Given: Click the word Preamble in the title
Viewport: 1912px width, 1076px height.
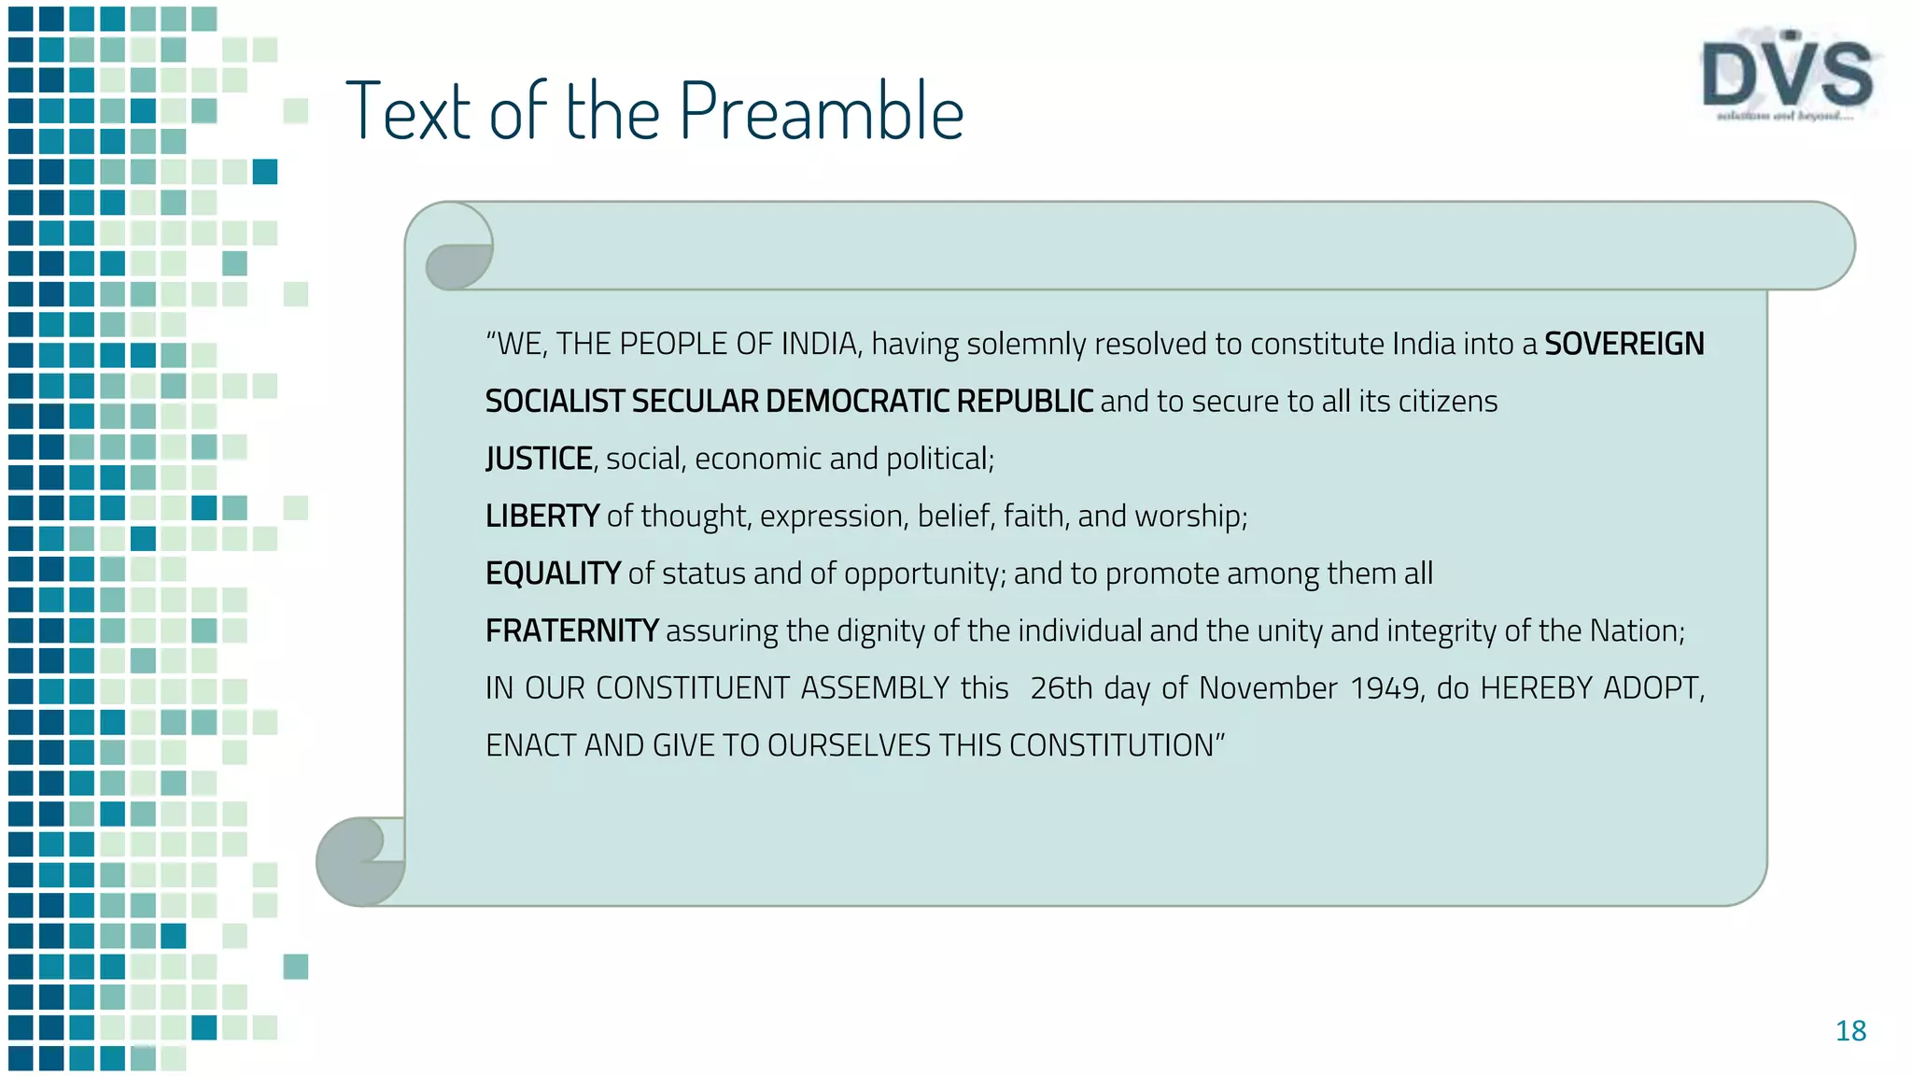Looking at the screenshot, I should pyautogui.click(x=822, y=112).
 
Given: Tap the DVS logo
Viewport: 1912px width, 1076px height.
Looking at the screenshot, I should pyautogui.click(x=1787, y=77).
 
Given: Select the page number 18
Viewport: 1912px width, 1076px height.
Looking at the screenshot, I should pyautogui.click(x=1850, y=1031).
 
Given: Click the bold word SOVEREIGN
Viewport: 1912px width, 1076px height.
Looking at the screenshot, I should pyautogui.click(x=1624, y=344).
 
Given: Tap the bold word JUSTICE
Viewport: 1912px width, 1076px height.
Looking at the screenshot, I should pyautogui.click(x=539, y=459).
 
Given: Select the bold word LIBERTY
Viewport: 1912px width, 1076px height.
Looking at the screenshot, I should pyautogui.click(x=541, y=516).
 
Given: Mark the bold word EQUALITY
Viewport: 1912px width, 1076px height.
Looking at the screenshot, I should pyautogui.click(x=553, y=573).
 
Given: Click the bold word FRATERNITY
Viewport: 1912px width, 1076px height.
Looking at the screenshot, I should pyautogui.click(x=571, y=630).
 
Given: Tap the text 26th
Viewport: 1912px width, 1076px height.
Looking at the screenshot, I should pyautogui.click(x=1061, y=688).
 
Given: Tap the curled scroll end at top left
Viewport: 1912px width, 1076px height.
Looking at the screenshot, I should pyautogui.click(x=458, y=248).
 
